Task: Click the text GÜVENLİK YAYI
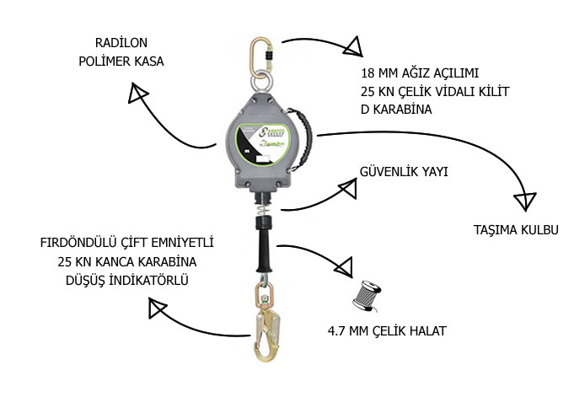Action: tap(404, 172)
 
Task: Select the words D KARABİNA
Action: tap(396, 109)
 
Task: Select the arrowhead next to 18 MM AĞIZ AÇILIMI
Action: tap(353, 46)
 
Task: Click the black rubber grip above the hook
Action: tap(262, 244)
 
